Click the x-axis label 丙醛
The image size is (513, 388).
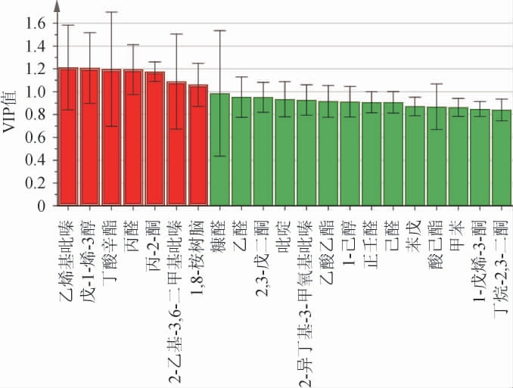pos(133,234)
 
